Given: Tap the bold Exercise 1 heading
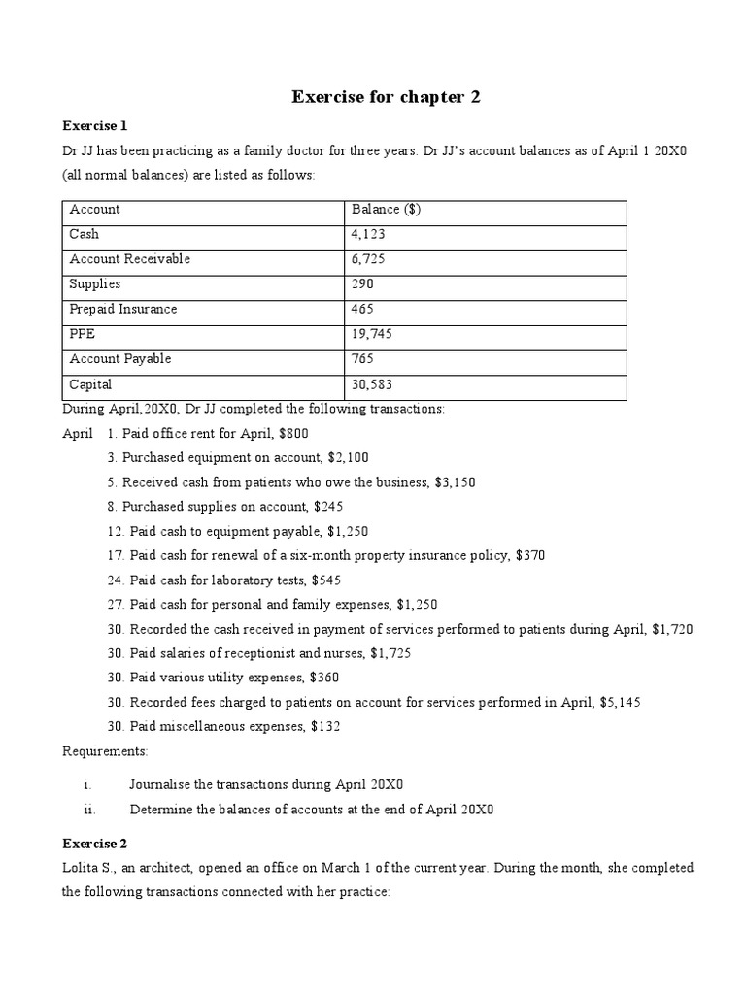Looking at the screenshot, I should pos(95,126).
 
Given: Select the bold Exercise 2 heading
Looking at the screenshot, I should pos(95,843).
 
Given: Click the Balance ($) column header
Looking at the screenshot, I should pos(386,210).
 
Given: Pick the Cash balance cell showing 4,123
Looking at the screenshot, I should pos(368,235).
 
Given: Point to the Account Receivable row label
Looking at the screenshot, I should pos(130,259).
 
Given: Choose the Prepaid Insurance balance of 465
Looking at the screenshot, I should pos(363,309).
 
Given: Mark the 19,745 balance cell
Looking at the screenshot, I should pos(372,334).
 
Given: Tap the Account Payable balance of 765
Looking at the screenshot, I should pos(363,359).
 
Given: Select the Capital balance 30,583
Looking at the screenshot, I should pos(372,384).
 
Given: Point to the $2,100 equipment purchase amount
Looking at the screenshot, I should pos(347,458).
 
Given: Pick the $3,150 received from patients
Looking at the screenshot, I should pos(454,482).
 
